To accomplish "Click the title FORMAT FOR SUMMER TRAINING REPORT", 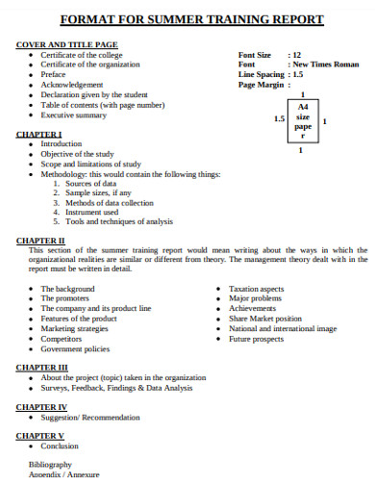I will point(191,19).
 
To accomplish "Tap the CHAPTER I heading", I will point(39,134).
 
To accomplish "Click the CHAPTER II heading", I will point(41,240).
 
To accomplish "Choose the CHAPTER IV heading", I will point(42,407).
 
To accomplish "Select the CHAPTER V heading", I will point(40,435).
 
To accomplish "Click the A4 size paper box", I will point(302,120).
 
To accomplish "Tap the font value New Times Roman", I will point(326,64).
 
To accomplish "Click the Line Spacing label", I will point(261,74).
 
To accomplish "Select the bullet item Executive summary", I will point(74,115).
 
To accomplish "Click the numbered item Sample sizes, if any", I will point(99,192).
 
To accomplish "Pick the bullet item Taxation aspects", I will point(257,289).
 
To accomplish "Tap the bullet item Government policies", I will point(75,348).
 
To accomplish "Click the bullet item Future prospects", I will point(255,339).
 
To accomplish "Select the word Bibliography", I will point(50,464).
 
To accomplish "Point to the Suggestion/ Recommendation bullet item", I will point(90,418).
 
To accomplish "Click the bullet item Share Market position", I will point(264,319).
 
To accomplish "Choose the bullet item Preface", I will point(55,75).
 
